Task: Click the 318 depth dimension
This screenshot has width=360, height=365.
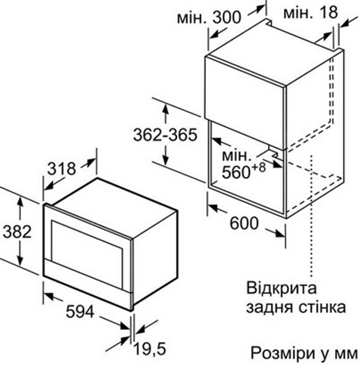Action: click(61, 169)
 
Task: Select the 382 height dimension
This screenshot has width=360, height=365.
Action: click(17, 232)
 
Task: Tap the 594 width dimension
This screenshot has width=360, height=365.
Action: click(80, 311)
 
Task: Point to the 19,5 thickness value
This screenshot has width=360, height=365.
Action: click(150, 349)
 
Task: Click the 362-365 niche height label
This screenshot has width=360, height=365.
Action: click(165, 135)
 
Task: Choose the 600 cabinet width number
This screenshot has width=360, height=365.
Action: click(244, 223)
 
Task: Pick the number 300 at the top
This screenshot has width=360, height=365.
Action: click(226, 17)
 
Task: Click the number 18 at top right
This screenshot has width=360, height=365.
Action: click(328, 12)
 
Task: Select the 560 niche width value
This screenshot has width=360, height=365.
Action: click(235, 173)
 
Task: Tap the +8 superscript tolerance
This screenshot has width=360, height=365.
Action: click(258, 167)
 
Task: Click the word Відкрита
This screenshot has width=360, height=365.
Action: click(281, 288)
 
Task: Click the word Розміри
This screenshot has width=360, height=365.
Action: click(281, 353)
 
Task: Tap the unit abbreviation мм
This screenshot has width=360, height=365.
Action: click(346, 355)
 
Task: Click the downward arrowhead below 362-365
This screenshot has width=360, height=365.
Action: click(166, 160)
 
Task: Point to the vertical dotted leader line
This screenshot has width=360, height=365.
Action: click(311, 216)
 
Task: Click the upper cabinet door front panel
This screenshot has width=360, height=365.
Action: click(245, 102)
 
